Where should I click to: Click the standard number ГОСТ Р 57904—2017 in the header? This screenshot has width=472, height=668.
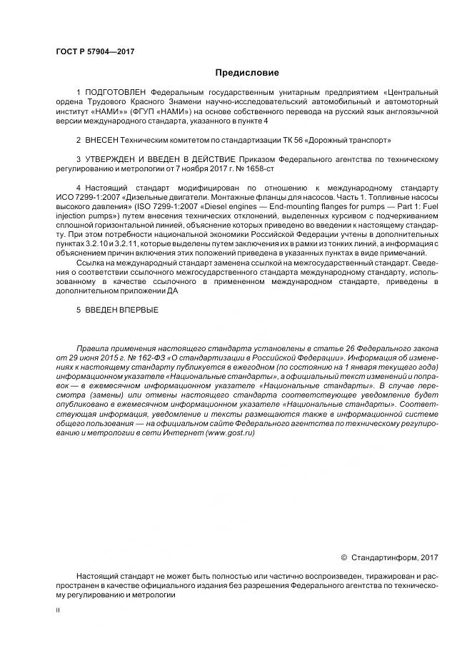coord(96,51)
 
